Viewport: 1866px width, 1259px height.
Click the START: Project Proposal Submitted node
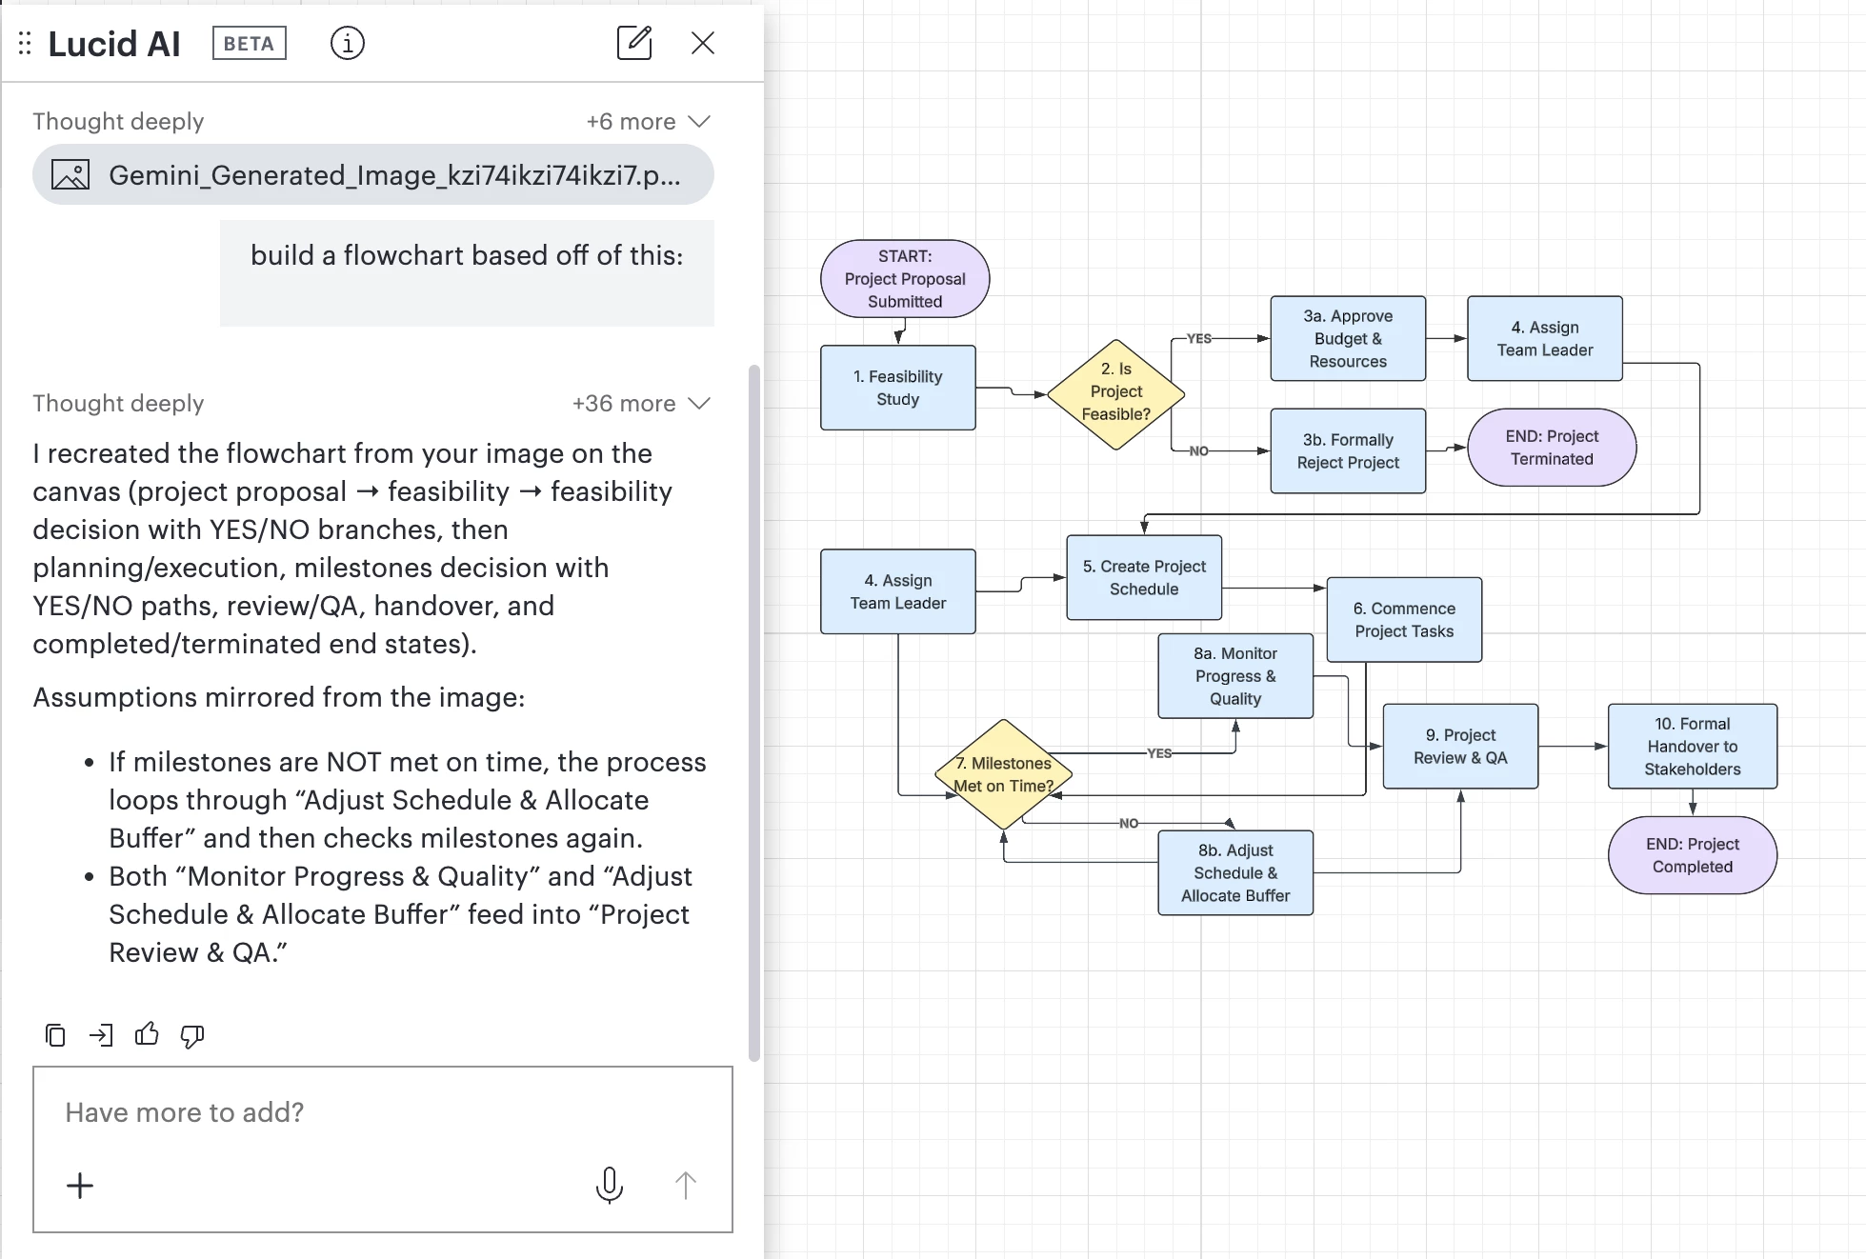(x=905, y=278)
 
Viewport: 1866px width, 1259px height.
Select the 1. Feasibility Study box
(x=897, y=388)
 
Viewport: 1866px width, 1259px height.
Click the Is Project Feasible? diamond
(x=1115, y=394)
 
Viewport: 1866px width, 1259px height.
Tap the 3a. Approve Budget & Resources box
(x=1348, y=338)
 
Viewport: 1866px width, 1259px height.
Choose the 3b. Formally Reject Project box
(x=1348, y=450)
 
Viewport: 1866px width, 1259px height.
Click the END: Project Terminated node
(x=1552, y=447)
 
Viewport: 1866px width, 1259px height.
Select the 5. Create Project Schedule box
(x=1144, y=577)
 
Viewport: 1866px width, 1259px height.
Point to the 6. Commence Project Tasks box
(x=1404, y=619)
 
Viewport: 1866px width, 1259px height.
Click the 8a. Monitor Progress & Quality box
(x=1235, y=675)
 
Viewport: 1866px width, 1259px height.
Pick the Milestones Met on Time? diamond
(x=1003, y=774)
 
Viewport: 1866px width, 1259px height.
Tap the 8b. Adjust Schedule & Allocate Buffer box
(x=1235, y=872)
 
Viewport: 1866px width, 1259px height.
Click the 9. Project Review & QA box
(x=1460, y=746)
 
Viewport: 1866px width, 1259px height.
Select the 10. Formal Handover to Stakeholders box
(x=1693, y=746)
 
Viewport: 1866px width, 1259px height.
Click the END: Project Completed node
(x=1693, y=854)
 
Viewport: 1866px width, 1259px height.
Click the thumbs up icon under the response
(x=147, y=1034)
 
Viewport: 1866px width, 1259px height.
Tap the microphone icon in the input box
(x=610, y=1185)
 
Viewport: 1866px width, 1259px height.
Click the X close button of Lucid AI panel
(x=703, y=43)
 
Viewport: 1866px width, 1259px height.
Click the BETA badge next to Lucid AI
(x=250, y=43)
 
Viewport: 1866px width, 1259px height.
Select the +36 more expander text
(x=624, y=403)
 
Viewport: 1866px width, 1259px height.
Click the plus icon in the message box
(x=80, y=1185)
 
